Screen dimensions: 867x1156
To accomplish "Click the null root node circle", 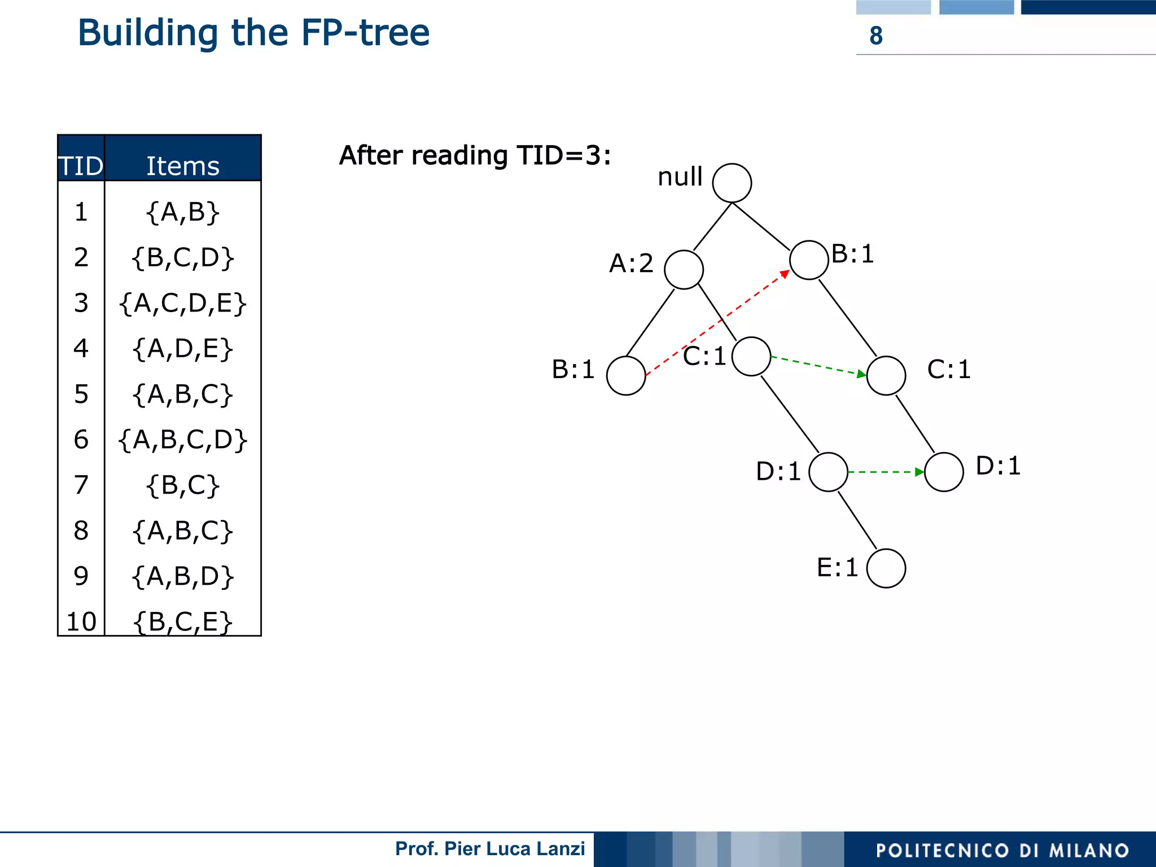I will [732, 183].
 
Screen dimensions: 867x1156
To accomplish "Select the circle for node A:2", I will [684, 270].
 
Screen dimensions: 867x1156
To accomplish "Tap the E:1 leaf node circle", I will [886, 568].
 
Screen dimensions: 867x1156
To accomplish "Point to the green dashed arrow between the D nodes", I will [886, 472].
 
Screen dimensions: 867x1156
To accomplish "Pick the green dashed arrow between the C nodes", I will [818, 366].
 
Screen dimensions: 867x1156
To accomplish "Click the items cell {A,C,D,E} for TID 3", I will [183, 303].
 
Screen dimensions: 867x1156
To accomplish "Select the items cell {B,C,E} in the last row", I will [183, 621].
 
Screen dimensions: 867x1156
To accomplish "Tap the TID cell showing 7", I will [81, 485].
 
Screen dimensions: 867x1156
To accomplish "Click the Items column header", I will [183, 165].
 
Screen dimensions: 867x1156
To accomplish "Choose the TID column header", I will [81, 165].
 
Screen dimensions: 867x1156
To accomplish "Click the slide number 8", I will [875, 36].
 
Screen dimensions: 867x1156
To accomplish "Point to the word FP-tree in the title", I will [365, 33].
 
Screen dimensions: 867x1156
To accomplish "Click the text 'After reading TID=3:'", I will [475, 155].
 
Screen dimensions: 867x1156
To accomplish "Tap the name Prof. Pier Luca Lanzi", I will [490, 848].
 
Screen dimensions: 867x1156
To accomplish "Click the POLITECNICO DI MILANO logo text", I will [1002, 850].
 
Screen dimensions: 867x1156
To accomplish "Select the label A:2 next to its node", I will [631, 264].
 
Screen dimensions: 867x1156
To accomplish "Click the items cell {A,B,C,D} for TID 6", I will [183, 440].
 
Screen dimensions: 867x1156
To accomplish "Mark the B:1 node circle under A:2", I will [626, 375].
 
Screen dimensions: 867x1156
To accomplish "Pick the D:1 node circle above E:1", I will [828, 472].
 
